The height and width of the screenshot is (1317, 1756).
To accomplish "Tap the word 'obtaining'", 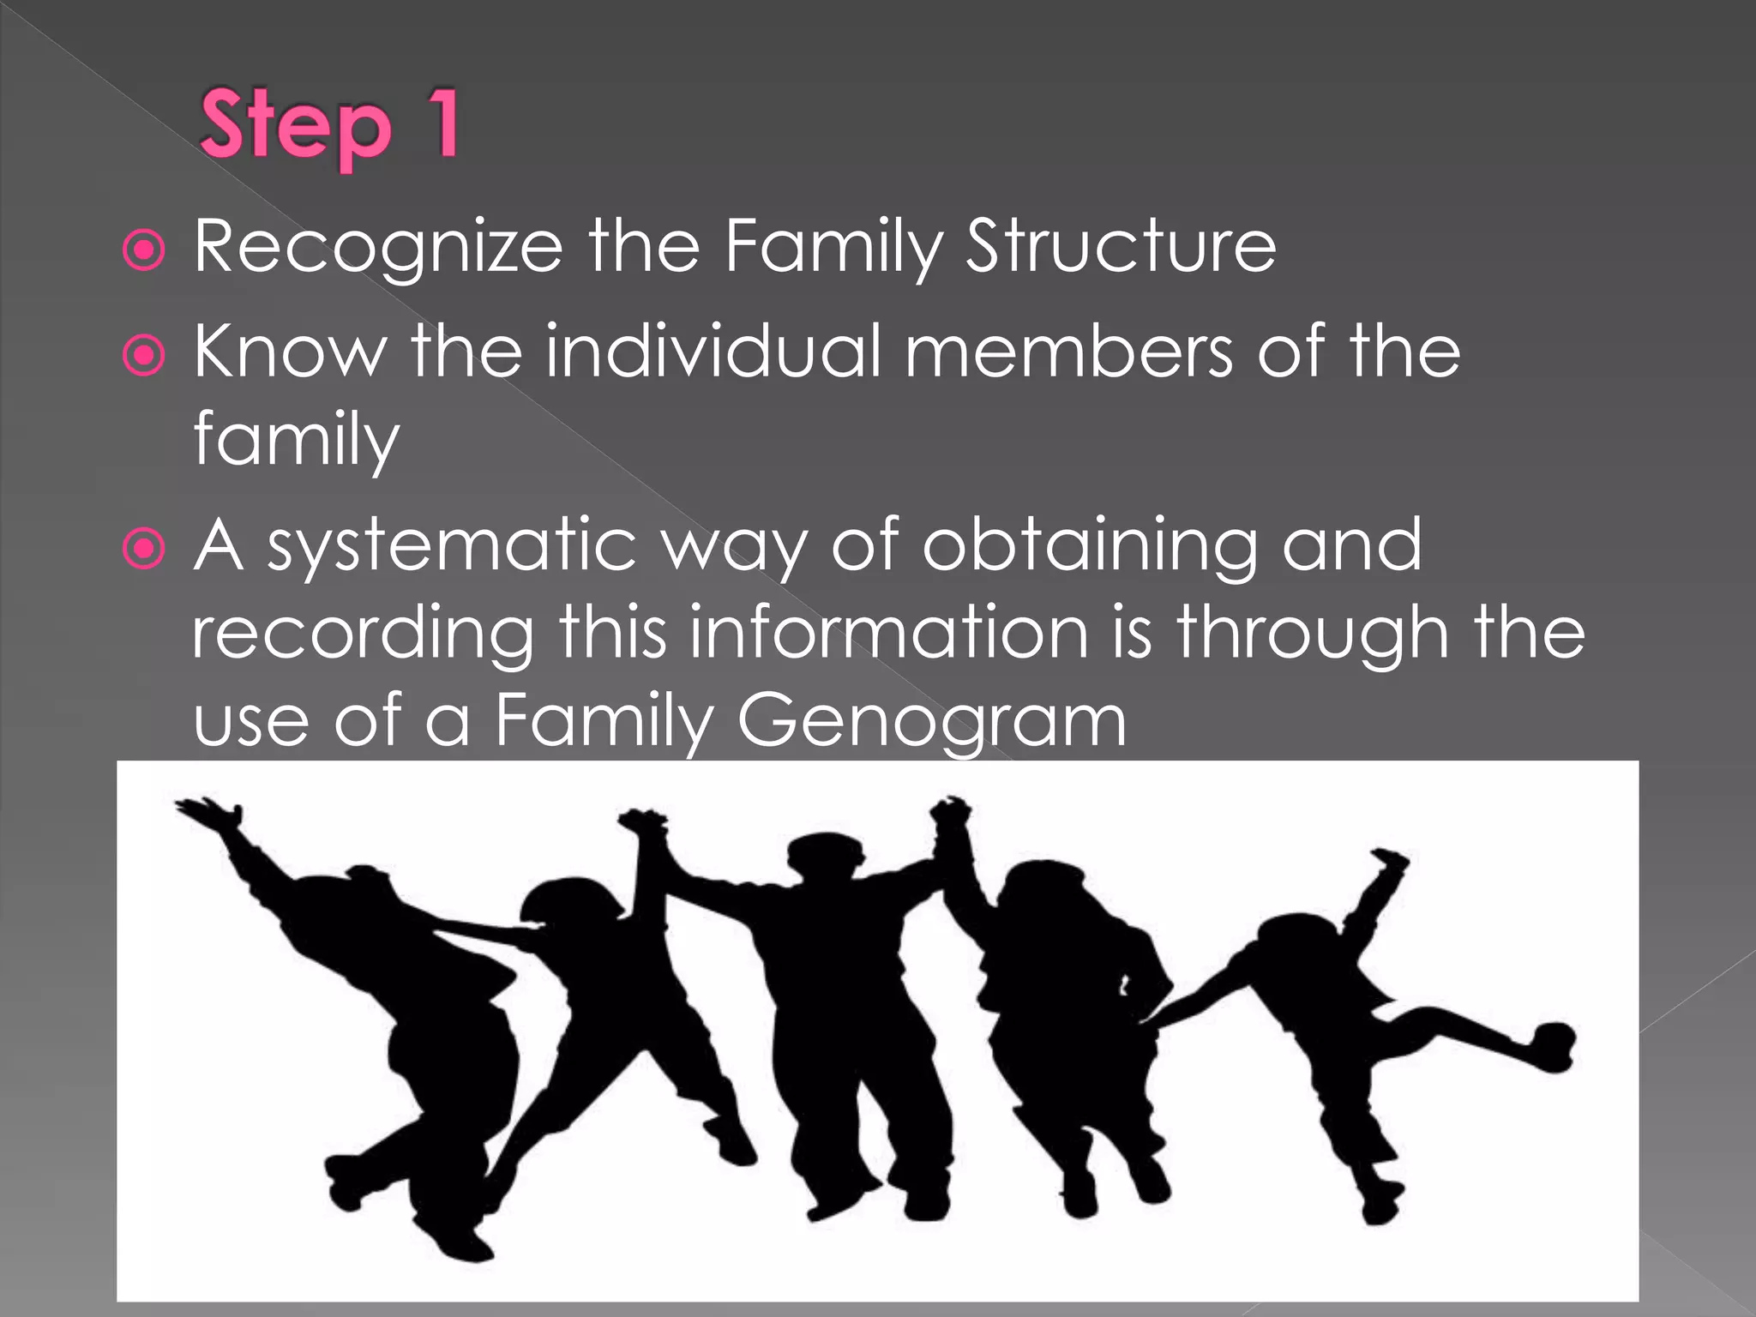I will [x=1088, y=547].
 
